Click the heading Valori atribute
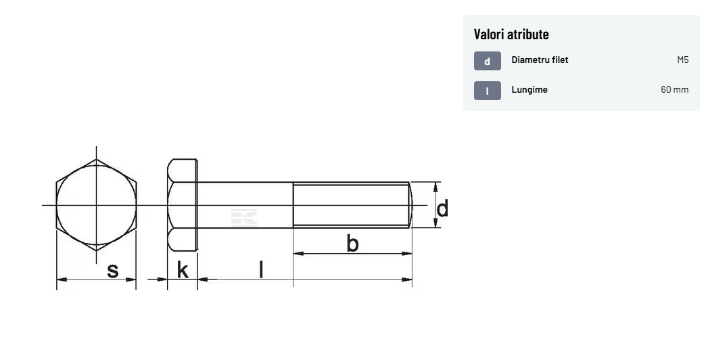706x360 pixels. pyautogui.click(x=511, y=35)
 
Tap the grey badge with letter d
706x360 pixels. pyautogui.click(x=487, y=62)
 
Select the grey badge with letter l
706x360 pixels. pyautogui.click(x=487, y=91)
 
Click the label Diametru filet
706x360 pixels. pyautogui.click(x=540, y=60)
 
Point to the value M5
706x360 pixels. pyautogui.click(x=682, y=60)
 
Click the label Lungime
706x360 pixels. pyautogui.click(x=529, y=89)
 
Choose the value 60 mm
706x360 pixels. pyautogui.click(x=674, y=89)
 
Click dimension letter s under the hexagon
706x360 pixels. pyautogui.click(x=112, y=271)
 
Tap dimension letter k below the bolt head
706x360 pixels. pyautogui.click(x=183, y=270)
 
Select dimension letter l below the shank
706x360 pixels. pyautogui.click(x=261, y=269)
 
